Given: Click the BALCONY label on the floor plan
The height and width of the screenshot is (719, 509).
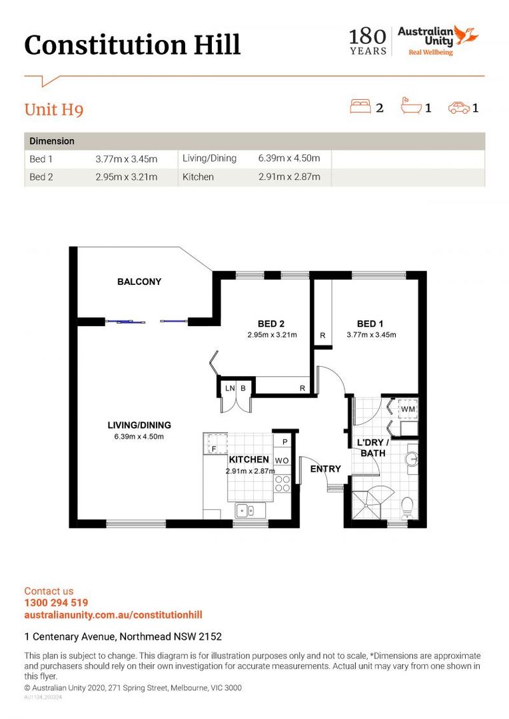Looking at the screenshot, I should click(139, 282).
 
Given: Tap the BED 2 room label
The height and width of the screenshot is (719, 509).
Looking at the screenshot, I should click(272, 324).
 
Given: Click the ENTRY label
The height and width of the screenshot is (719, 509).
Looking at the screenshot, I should click(326, 469).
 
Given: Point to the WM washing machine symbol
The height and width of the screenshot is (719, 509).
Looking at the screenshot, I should click(407, 408).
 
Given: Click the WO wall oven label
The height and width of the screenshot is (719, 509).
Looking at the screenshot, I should click(282, 460).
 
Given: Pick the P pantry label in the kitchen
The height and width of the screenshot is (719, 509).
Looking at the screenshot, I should click(284, 442).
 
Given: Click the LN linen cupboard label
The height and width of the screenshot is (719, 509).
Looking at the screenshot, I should click(230, 388).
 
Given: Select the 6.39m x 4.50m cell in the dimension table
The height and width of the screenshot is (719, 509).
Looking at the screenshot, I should click(289, 158).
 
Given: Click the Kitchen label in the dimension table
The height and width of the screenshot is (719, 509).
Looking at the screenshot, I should click(198, 177).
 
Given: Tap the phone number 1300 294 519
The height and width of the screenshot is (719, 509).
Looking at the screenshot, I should click(56, 603).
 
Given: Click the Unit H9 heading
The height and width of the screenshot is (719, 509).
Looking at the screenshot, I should click(54, 109).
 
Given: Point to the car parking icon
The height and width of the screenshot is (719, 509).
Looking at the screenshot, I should click(458, 107).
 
